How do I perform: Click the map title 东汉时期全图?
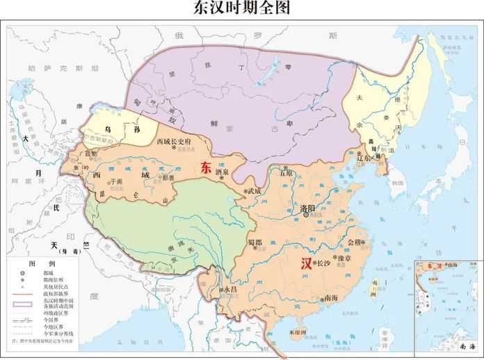pos(241,9)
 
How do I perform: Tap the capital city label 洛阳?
pos(307,208)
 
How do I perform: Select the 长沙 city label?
pos(323,263)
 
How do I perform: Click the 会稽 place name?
pos(354,242)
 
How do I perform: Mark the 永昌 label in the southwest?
pos(231,288)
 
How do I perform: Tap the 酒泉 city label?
pos(223,170)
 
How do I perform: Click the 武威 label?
pos(253,190)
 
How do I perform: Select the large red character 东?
pos(206,167)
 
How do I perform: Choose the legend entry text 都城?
pos(47,275)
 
